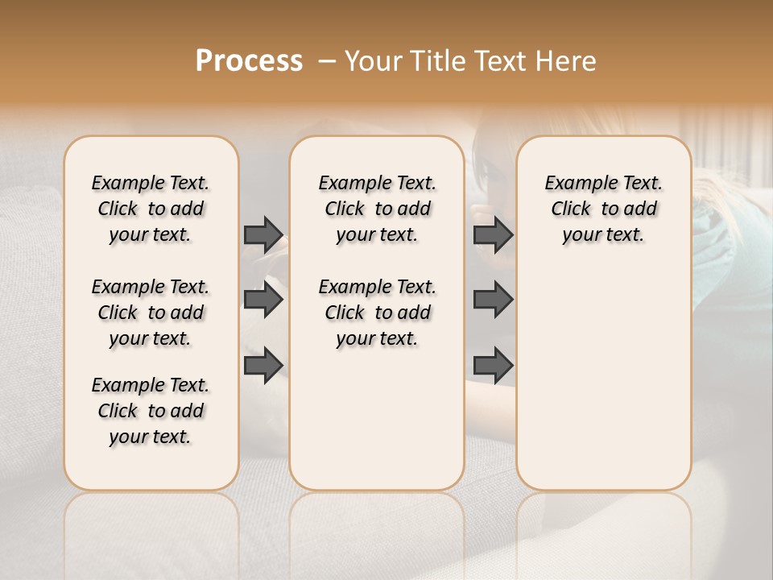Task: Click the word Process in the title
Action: (x=249, y=61)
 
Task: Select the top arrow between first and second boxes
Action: (x=263, y=234)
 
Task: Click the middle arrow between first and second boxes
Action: (x=263, y=300)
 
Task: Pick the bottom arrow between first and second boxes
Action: (x=263, y=366)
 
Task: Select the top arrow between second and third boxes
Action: (x=493, y=234)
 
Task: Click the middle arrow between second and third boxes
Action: (x=493, y=300)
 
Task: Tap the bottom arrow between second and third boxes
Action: (x=493, y=366)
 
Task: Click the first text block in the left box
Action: (x=151, y=209)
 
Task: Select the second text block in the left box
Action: (x=151, y=313)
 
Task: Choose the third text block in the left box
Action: (x=151, y=411)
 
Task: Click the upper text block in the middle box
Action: (x=377, y=209)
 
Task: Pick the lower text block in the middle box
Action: (x=377, y=313)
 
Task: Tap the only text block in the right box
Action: (x=603, y=209)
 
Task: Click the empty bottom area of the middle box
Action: (x=377, y=427)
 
